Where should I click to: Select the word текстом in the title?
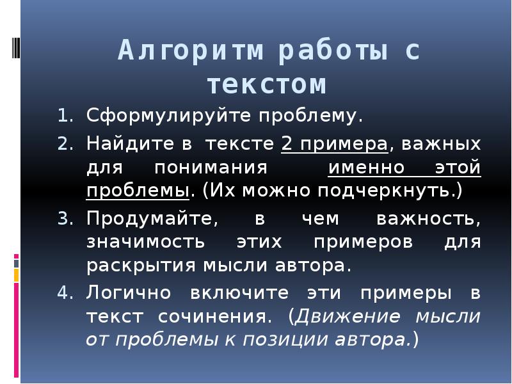[x=267, y=84]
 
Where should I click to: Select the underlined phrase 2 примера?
[x=335, y=143]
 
